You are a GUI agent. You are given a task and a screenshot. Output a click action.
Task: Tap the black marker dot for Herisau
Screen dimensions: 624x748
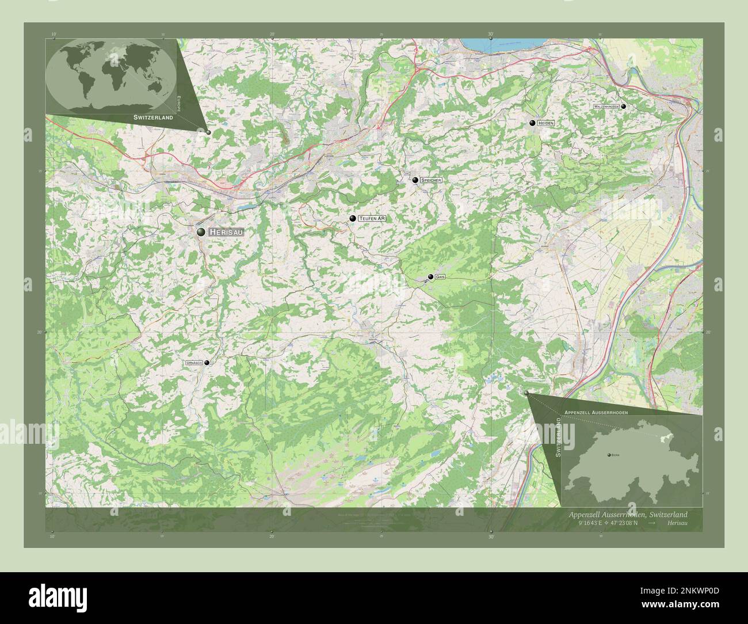(x=201, y=231)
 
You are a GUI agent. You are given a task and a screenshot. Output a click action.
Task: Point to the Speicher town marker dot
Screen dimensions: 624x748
(x=415, y=180)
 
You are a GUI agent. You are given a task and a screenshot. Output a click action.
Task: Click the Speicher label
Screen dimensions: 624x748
(x=432, y=180)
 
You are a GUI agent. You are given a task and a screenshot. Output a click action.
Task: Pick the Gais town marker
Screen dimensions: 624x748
(x=430, y=277)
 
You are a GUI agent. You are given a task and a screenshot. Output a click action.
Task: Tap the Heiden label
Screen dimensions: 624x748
(x=546, y=123)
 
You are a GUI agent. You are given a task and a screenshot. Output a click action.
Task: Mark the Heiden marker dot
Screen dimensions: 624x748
(x=533, y=123)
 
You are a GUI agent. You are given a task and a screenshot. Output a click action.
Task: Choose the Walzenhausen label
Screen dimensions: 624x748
(x=606, y=106)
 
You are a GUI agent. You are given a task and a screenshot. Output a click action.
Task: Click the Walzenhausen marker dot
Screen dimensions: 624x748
(x=623, y=106)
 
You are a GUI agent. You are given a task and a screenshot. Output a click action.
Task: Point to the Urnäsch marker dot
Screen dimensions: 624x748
(x=207, y=363)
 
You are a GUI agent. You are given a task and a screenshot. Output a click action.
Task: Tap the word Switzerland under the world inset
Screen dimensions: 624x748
(x=153, y=117)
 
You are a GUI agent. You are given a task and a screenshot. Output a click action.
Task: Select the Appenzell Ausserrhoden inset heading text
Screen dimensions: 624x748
(x=596, y=413)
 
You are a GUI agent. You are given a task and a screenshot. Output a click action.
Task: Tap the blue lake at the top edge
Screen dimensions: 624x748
(x=489, y=44)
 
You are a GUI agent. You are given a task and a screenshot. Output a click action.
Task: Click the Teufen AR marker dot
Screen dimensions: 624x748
(x=353, y=219)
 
